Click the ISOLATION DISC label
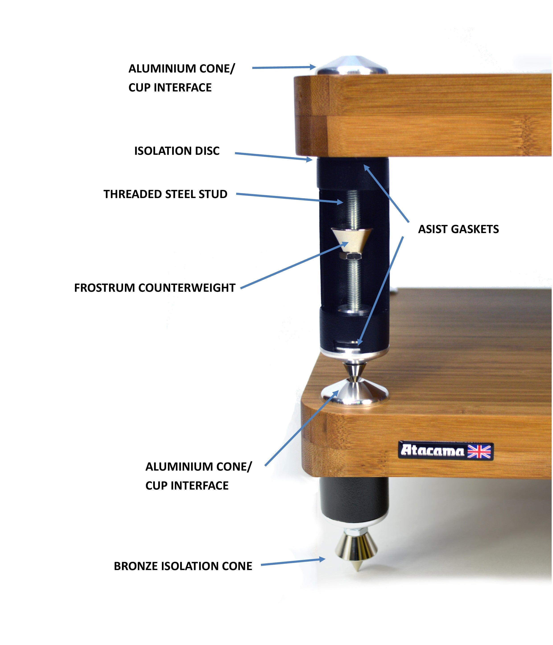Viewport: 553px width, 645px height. point(177,151)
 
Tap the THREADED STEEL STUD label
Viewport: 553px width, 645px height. point(165,194)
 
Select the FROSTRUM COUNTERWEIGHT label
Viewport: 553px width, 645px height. point(155,288)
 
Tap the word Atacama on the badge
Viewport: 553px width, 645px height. point(433,451)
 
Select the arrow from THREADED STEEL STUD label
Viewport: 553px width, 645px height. point(289,198)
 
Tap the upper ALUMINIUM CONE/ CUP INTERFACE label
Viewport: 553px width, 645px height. point(182,78)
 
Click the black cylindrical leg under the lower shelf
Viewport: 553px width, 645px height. point(355,501)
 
